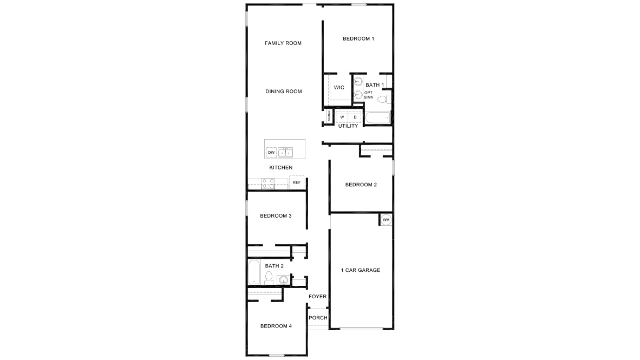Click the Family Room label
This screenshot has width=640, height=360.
pos(283,43)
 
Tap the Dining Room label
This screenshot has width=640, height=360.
pos(284,91)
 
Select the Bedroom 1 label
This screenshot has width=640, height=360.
pos(358,39)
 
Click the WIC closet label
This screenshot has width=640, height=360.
pos(339,88)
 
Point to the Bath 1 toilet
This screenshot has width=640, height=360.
pos(383,99)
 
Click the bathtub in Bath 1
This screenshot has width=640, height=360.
pos(378,117)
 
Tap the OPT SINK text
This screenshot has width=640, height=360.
pos(368,95)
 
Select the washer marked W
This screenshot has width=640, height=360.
pos(342,117)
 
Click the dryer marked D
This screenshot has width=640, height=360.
pos(355,117)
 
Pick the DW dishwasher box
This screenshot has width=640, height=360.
pos(271,153)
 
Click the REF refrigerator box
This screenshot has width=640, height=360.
pos(297,183)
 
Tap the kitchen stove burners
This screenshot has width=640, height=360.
pos(268,184)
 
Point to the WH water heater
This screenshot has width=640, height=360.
pos(386,220)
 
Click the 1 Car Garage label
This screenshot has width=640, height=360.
pos(361,270)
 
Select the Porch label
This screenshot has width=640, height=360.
pos(318,318)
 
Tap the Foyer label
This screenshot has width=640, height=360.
pos(318,297)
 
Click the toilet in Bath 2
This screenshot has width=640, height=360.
pos(269,278)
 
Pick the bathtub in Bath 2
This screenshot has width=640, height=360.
pos(254,273)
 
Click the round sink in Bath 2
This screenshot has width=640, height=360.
pos(283,280)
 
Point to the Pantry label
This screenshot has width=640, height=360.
pos(329,116)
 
